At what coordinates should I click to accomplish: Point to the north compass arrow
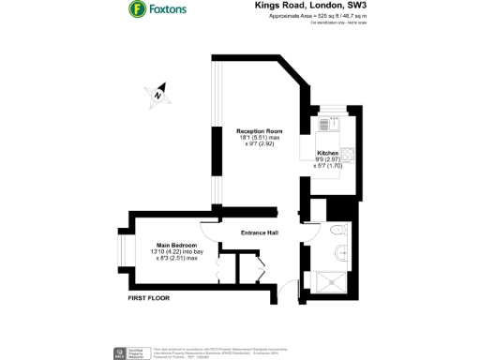[x=158, y=93]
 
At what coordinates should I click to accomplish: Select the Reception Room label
[x=260, y=131]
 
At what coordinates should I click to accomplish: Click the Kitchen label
[x=327, y=152]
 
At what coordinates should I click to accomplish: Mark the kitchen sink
[x=328, y=125]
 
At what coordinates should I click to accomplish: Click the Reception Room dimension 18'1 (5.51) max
[x=260, y=138]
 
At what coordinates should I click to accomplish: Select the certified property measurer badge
[x=120, y=352]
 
